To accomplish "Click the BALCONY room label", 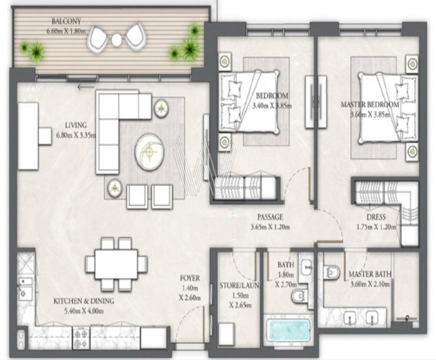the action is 66,21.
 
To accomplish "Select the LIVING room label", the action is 76,125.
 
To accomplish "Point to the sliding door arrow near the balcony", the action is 86,88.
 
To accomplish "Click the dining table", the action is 116,264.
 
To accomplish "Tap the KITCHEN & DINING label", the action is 84,301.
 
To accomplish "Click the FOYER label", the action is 190,278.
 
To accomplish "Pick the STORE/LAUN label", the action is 239,286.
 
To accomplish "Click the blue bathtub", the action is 288,330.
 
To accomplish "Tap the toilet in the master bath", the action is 332,272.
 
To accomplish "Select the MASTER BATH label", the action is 370,274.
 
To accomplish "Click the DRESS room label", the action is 376,217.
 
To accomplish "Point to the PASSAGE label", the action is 270,217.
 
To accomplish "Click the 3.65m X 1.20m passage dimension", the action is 270,227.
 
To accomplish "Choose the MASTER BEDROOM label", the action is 370,105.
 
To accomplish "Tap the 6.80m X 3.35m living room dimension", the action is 76,136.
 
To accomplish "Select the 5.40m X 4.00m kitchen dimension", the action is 84,311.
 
